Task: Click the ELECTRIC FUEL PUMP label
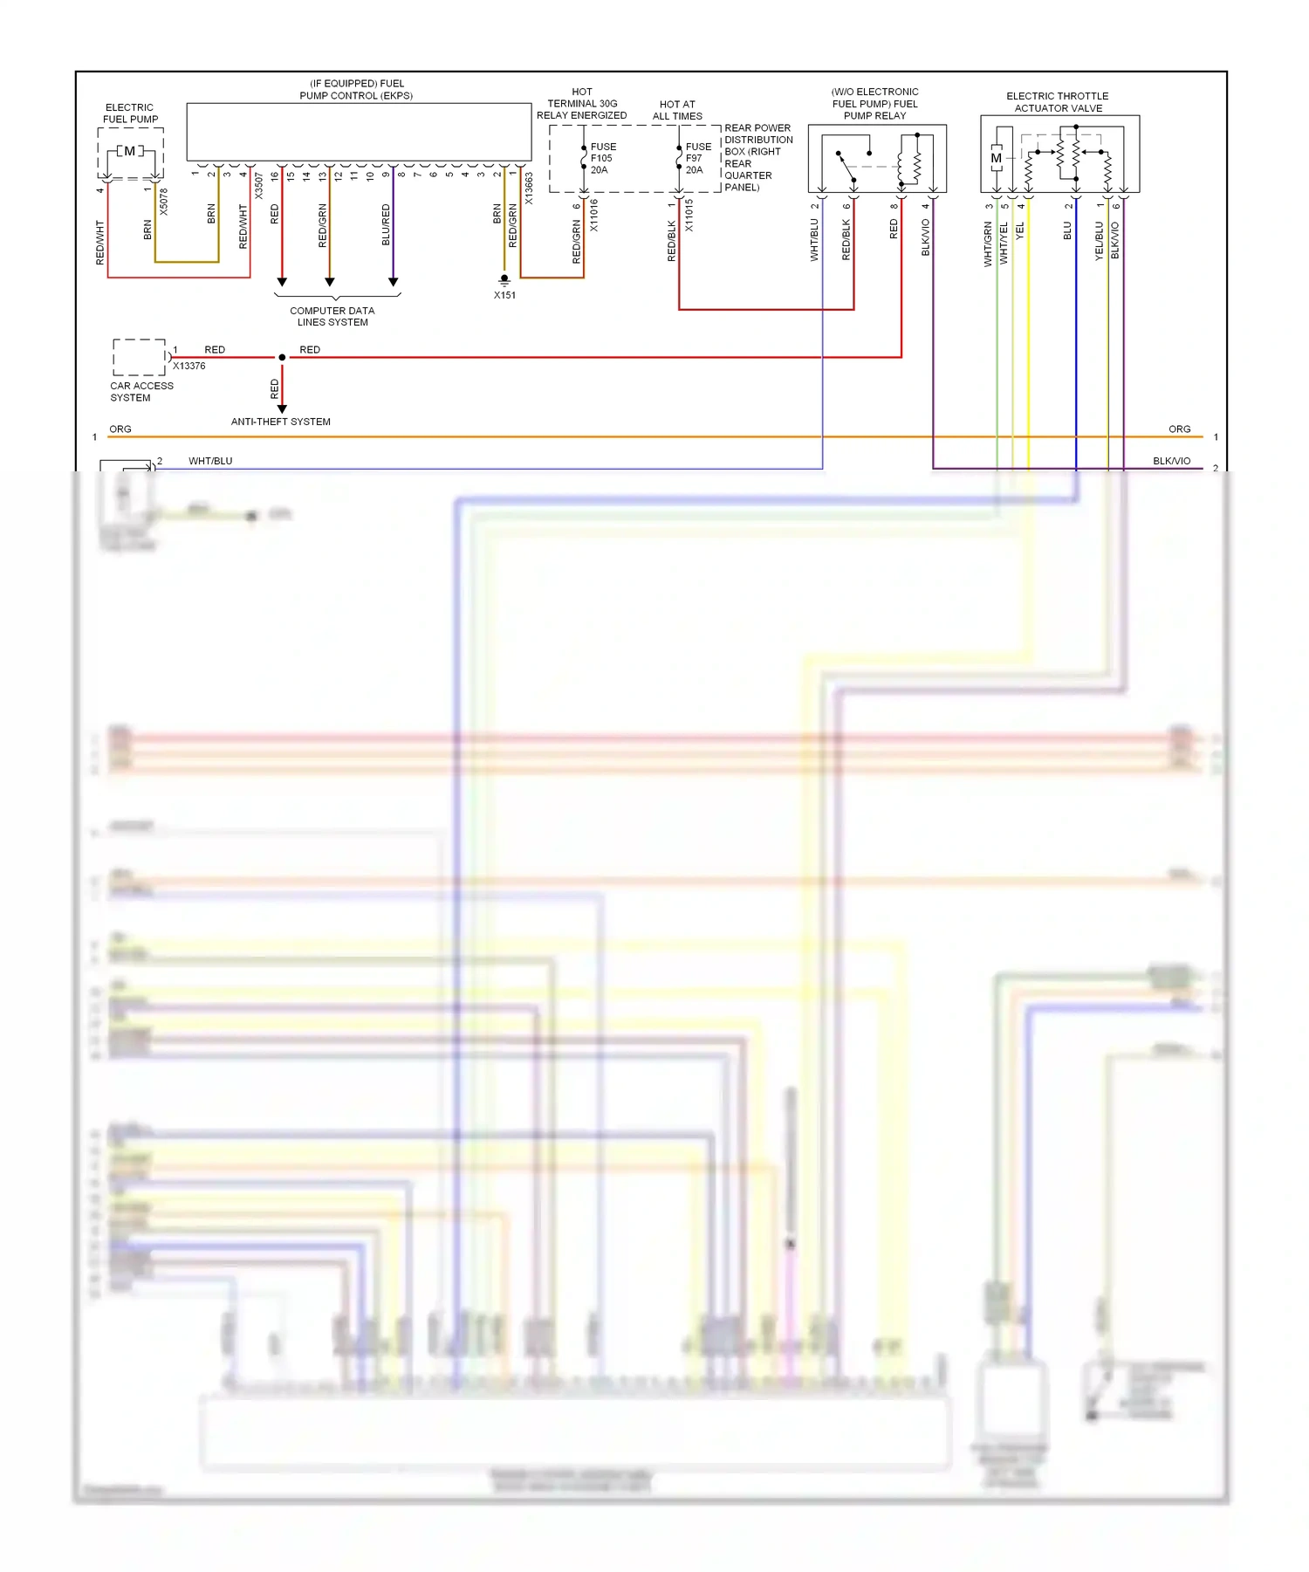tap(130, 113)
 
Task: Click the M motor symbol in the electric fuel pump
tap(130, 151)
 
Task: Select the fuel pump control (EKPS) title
tap(356, 90)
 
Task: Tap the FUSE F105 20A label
tap(602, 158)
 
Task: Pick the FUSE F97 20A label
tap(697, 158)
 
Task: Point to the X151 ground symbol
tap(504, 280)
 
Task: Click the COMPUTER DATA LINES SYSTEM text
tap(332, 316)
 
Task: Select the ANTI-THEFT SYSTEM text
tap(280, 422)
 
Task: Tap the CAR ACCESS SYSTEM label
tap(141, 392)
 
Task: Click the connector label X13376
tap(189, 366)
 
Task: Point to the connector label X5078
tap(163, 202)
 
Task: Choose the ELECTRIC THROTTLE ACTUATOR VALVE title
tap(1058, 102)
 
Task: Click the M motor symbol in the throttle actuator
tap(996, 158)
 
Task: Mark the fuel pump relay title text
tap(874, 104)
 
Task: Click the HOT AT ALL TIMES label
tap(677, 110)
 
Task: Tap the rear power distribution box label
tap(757, 157)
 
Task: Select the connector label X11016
tap(594, 215)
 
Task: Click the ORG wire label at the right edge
tap(1179, 429)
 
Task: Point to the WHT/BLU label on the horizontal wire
tap(210, 461)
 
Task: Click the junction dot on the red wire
tap(282, 357)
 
